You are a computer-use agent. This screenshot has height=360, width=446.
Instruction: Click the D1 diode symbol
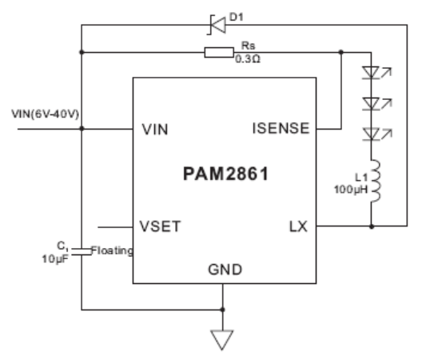[x=217, y=25]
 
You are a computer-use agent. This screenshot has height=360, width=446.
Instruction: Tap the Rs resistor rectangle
[x=219, y=53]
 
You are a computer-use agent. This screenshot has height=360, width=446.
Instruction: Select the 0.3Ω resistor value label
[x=248, y=59]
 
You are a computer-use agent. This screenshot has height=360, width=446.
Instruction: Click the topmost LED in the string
[x=371, y=73]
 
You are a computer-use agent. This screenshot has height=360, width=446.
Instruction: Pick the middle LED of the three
[x=371, y=104]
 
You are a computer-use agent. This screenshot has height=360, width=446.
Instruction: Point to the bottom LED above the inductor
[x=371, y=134]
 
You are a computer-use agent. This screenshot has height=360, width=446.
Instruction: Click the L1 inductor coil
[x=375, y=181]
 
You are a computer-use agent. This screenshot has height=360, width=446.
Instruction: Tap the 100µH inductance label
[x=351, y=190]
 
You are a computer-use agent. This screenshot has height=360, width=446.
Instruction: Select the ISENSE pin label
[x=281, y=128]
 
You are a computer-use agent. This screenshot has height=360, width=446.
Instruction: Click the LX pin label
[x=298, y=227]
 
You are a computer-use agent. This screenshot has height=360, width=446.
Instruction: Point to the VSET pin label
[x=160, y=227]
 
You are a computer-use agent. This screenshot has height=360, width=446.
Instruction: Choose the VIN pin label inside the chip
[x=155, y=130]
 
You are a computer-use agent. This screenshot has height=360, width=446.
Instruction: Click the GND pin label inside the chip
[x=225, y=270]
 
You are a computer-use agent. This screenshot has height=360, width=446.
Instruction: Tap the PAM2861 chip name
[x=226, y=174]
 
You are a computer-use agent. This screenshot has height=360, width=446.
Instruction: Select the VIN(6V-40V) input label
[x=46, y=114]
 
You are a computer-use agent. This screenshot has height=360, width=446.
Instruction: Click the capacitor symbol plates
[x=82, y=251]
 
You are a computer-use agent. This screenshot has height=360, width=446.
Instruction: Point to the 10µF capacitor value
[x=55, y=259]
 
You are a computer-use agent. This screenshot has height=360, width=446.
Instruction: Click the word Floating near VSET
[x=112, y=250]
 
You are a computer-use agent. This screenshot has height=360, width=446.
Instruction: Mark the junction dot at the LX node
[x=372, y=226]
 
